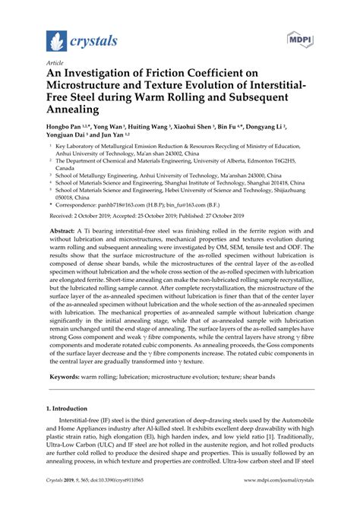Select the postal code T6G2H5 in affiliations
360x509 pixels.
click(306, 160)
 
